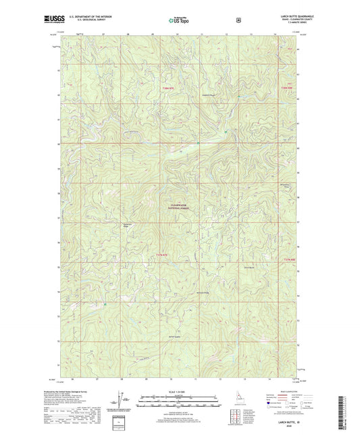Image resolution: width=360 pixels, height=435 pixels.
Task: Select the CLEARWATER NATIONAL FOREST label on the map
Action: click(179, 207)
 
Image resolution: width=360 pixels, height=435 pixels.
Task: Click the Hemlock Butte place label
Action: click(210, 94)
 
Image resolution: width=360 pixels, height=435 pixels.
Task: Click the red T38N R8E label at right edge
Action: click(287, 88)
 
